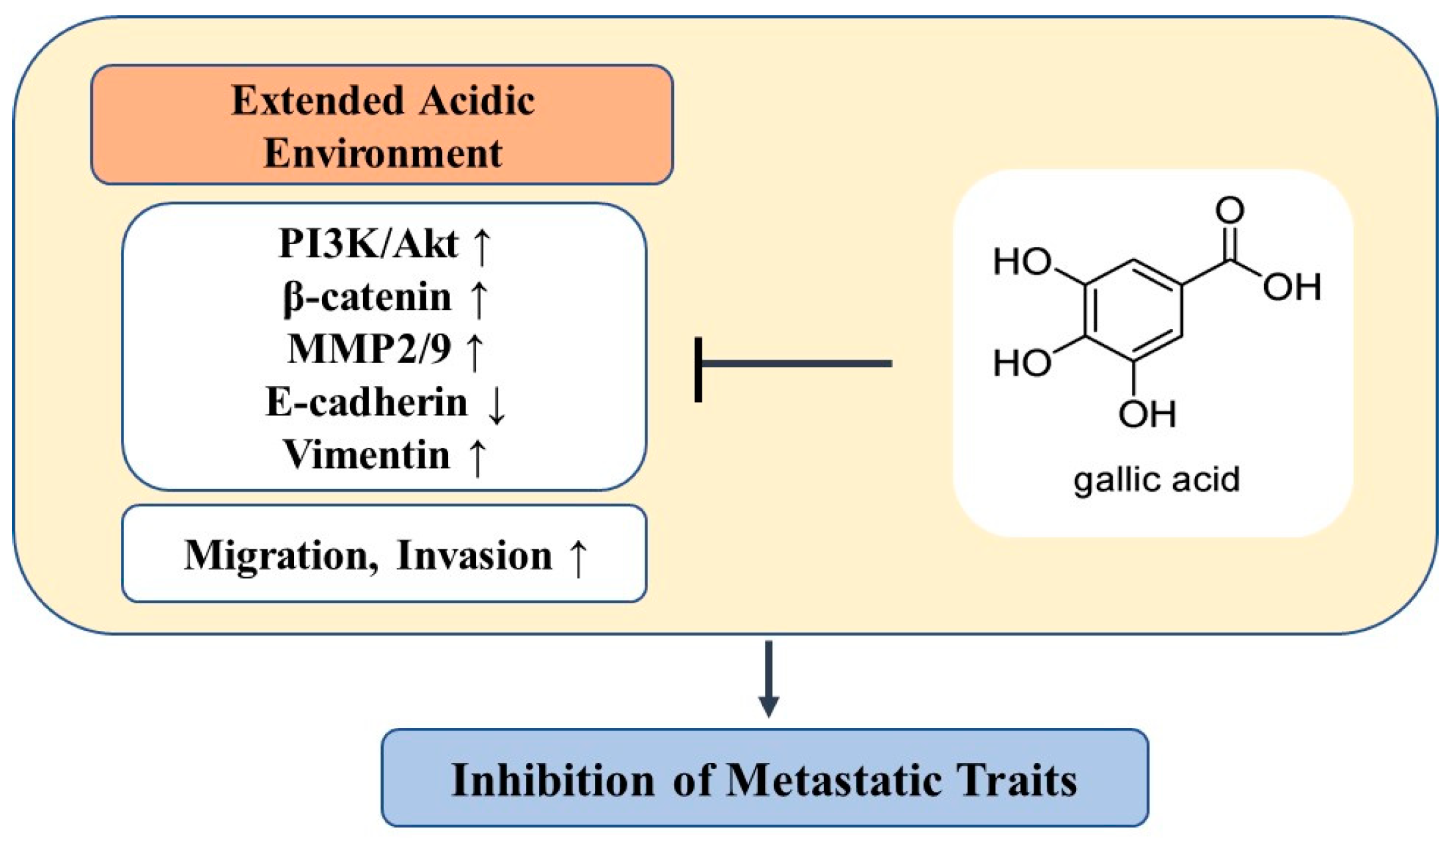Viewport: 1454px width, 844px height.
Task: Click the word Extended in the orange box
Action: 317,101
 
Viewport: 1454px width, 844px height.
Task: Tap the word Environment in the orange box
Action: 382,153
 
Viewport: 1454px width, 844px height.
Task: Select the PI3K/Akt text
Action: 368,243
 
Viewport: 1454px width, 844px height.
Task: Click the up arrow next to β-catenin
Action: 479,297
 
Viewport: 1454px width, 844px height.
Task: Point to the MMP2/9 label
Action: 368,348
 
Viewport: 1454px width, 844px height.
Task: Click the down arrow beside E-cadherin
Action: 496,405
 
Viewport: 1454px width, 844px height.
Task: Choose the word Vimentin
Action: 366,455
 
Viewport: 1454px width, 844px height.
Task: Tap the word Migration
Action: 275,555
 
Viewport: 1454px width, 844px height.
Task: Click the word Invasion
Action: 474,555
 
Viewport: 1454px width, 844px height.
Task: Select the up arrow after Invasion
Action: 578,557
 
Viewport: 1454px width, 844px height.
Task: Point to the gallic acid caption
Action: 1156,479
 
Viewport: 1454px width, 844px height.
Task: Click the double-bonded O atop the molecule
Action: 1230,210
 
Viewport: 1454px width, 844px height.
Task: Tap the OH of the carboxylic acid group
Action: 1291,287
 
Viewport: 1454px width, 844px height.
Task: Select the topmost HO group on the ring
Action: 1022,261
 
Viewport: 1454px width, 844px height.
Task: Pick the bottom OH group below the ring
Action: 1147,414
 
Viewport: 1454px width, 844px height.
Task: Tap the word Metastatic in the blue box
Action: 833,780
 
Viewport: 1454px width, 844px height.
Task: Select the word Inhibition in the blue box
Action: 552,780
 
